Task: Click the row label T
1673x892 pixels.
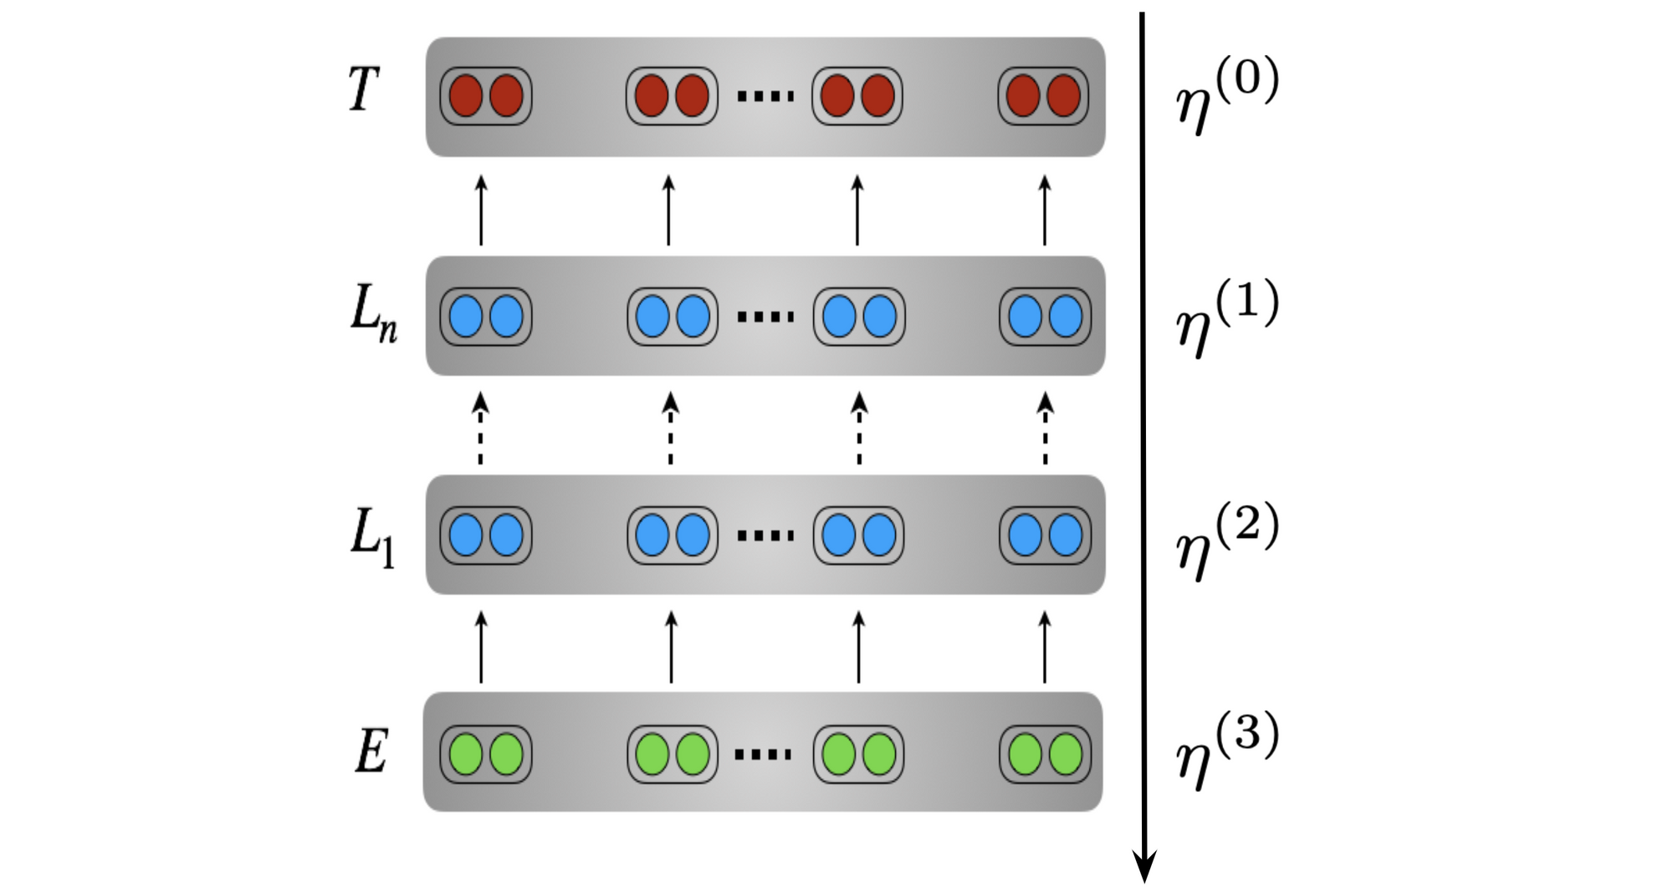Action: [364, 89]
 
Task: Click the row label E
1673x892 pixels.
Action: [371, 751]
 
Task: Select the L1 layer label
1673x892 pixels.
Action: [372, 538]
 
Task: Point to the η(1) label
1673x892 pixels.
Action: [1227, 318]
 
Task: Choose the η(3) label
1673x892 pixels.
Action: [1227, 750]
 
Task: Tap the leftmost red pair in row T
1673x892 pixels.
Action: [486, 96]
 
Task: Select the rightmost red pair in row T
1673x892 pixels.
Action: [1044, 96]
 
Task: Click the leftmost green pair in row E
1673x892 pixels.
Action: [486, 754]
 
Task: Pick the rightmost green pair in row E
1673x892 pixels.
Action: [1046, 754]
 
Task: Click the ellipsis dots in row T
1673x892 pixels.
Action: [765, 97]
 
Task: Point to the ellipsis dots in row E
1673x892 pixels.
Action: [763, 755]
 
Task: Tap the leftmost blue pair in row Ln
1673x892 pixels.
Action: [486, 317]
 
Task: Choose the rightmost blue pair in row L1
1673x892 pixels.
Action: [1046, 535]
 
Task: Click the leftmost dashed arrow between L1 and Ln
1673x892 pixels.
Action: [480, 428]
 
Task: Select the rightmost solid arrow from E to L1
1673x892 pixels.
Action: [1045, 647]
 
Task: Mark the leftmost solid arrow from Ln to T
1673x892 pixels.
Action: [481, 210]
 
